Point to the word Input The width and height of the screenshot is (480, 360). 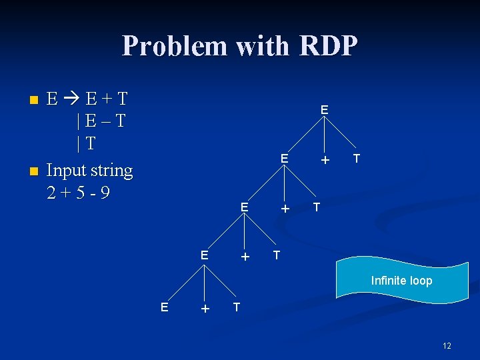coord(67,171)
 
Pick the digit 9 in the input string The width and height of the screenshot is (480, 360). coord(105,193)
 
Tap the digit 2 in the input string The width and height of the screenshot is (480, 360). coord(52,193)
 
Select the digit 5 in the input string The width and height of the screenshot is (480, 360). coord(78,193)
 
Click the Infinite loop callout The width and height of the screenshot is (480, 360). coord(401,281)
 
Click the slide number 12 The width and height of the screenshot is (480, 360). coord(447,345)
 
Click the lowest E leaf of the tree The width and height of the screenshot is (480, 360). coord(164,306)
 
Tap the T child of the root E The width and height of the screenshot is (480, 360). coord(357,159)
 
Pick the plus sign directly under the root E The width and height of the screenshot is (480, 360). coord(325,160)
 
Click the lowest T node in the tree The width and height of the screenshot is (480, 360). coord(236,307)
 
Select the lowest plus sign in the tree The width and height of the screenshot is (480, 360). coord(205,308)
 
